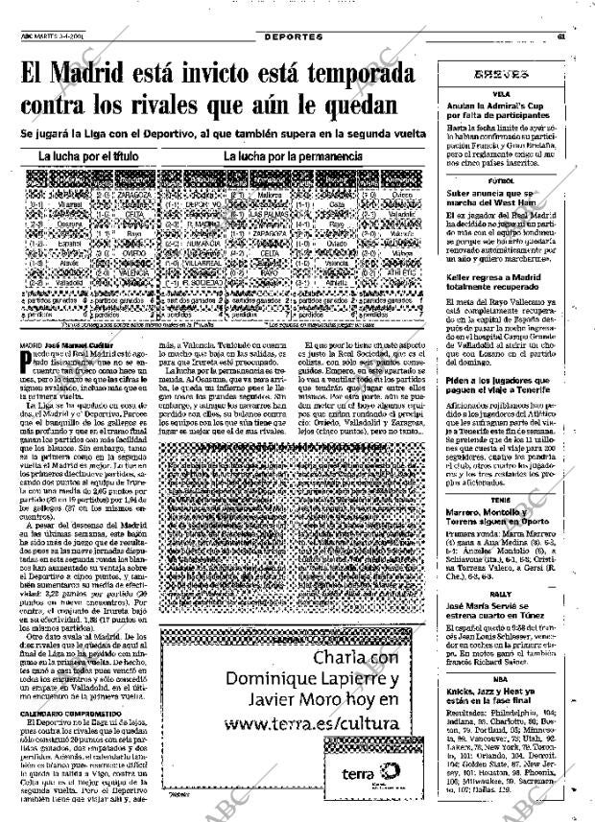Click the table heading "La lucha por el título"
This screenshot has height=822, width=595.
(x=88, y=155)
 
